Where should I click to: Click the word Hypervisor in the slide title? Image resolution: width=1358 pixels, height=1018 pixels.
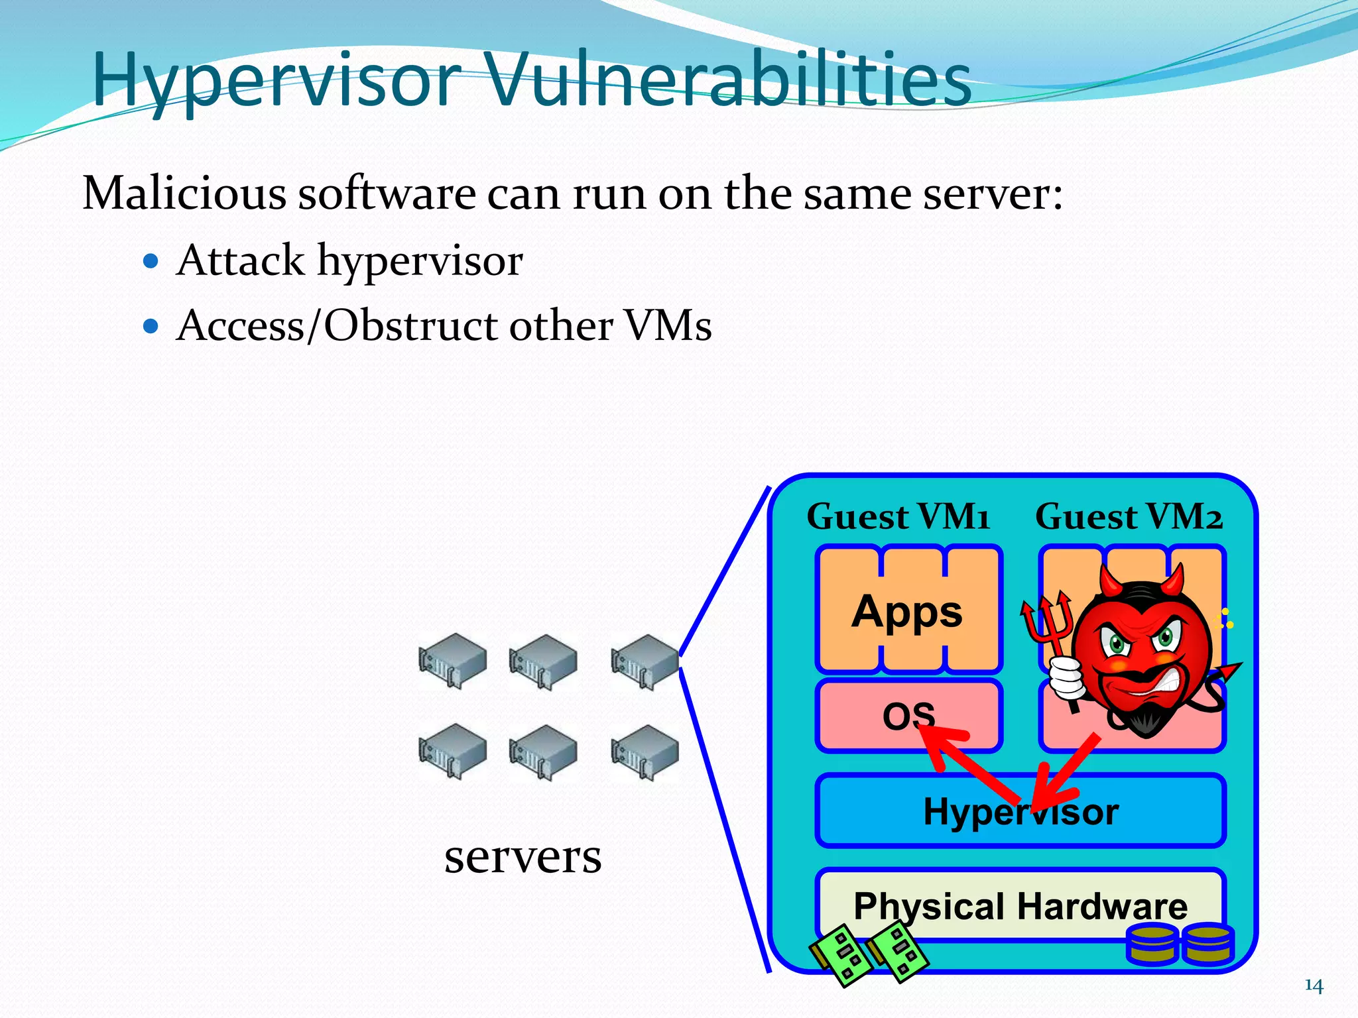(277, 81)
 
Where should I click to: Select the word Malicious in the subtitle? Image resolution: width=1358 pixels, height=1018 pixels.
(184, 194)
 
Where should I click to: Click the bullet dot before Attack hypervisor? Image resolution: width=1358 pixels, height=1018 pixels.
(151, 261)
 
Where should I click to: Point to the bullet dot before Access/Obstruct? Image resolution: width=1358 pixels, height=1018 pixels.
(151, 326)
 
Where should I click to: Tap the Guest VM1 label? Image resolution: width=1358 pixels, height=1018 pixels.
(898, 517)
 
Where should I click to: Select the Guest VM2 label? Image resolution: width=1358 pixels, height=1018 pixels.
(1129, 517)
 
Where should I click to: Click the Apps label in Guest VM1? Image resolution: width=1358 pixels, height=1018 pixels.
(907, 611)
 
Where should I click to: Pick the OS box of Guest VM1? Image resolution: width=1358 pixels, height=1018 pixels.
(862, 716)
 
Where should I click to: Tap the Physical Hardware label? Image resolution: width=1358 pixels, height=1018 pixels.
(1020, 906)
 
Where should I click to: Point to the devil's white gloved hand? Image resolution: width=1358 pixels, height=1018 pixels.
(1066, 679)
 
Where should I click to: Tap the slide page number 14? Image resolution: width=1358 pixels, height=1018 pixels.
(1314, 986)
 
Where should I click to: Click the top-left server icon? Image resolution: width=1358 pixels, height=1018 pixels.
(452, 660)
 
